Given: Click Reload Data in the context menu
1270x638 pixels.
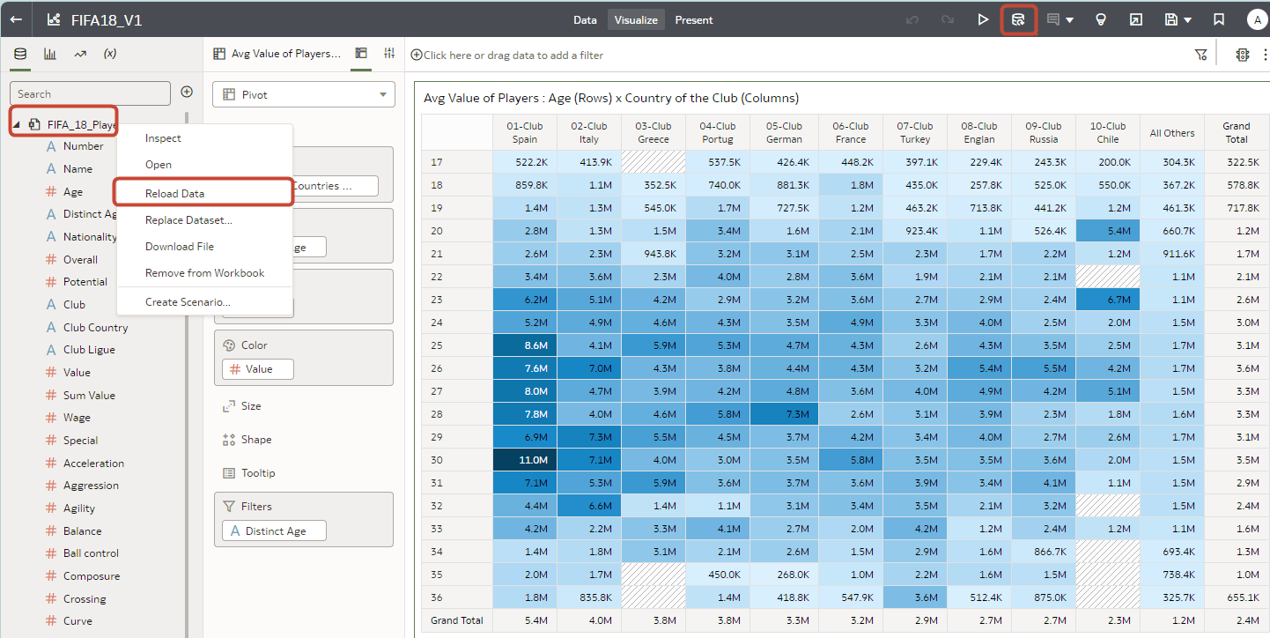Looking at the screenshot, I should [x=174, y=193].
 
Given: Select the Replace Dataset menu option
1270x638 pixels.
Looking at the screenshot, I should [x=188, y=220].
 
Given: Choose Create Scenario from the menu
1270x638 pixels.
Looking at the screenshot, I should [x=188, y=302].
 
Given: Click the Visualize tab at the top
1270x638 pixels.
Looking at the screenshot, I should [x=636, y=19].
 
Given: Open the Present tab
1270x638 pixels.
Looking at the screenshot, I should [x=694, y=19].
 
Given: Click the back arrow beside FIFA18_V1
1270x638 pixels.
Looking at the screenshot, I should [x=16, y=19].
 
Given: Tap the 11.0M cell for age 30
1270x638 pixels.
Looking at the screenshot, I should [x=524, y=460].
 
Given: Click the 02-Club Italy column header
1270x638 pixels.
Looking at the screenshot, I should [x=588, y=133].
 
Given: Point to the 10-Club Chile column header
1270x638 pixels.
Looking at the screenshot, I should [x=1107, y=133].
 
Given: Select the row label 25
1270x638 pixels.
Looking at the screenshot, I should [x=438, y=345].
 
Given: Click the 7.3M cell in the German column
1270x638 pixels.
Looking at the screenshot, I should [x=784, y=414].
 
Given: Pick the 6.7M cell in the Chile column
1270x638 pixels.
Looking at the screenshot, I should [x=1107, y=300].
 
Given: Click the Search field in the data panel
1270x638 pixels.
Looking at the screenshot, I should [x=90, y=93].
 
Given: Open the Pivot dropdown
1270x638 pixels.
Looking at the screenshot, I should [x=304, y=94].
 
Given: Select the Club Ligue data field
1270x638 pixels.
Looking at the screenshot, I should [x=89, y=350].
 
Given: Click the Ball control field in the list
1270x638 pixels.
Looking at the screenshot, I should [x=91, y=553].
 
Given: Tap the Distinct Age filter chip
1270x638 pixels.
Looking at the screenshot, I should [x=274, y=531].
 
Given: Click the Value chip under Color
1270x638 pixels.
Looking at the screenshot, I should [x=258, y=369].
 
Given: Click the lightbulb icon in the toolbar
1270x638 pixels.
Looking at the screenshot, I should [x=1100, y=19].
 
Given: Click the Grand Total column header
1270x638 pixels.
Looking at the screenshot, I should [x=1236, y=133].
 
